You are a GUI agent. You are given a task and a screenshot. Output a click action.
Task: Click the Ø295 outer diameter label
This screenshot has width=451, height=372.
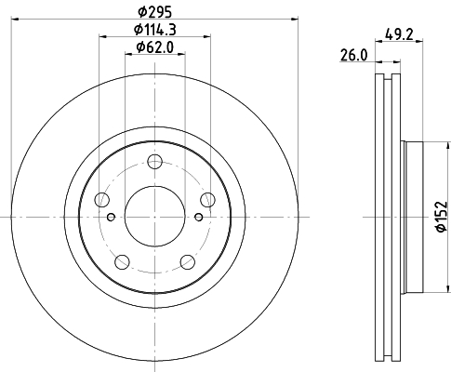click(x=154, y=12)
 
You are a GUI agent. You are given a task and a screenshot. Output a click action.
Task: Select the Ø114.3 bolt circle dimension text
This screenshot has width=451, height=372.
click(x=154, y=30)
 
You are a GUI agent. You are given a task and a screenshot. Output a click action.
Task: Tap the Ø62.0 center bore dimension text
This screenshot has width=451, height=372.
click(x=154, y=47)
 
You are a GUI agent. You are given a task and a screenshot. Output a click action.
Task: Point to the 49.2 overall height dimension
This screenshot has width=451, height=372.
click(x=399, y=34)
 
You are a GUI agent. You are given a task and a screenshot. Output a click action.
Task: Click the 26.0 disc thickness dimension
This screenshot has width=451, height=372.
click(x=353, y=56)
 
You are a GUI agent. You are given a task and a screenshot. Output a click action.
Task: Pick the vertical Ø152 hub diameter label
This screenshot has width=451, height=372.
click(x=442, y=217)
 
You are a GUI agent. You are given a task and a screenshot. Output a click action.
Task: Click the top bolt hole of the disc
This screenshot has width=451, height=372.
click(x=154, y=161)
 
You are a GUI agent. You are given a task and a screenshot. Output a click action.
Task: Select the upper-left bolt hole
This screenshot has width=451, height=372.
click(x=102, y=200)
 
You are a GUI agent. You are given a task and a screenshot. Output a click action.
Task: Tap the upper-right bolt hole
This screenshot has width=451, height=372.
click(x=207, y=200)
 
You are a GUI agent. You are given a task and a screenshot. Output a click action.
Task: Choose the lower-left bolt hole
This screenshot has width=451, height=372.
click(x=122, y=262)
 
